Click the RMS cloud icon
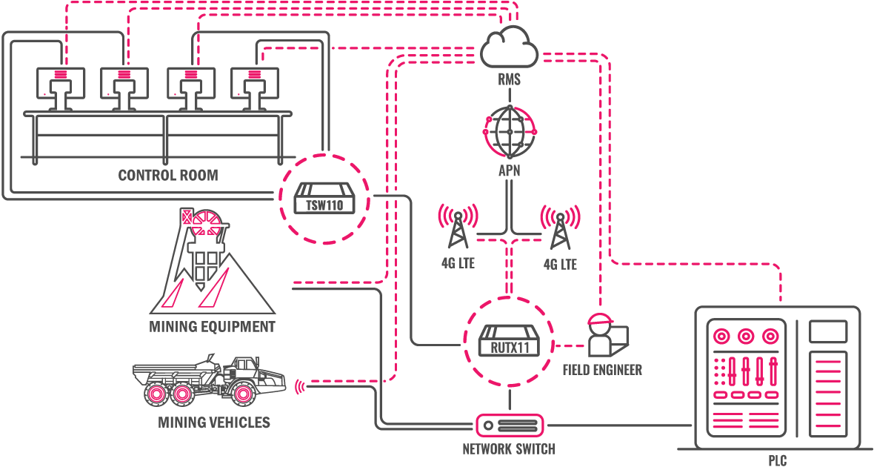pyautogui.click(x=509, y=47)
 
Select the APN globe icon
pyautogui.click(x=509, y=130)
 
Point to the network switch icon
pyautogui.click(x=509, y=425)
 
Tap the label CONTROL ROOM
pyautogui.click(x=168, y=176)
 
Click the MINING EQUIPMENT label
pyautogui.click(x=212, y=326)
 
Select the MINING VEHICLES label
pyautogui.click(x=214, y=423)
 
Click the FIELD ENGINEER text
pyautogui.click(x=602, y=369)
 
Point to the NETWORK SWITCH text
pyautogui.click(x=508, y=448)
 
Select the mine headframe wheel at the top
pyautogui.click(x=204, y=222)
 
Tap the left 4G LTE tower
pyautogui.click(x=457, y=226)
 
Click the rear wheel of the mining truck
pyautogui.click(x=156, y=394)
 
